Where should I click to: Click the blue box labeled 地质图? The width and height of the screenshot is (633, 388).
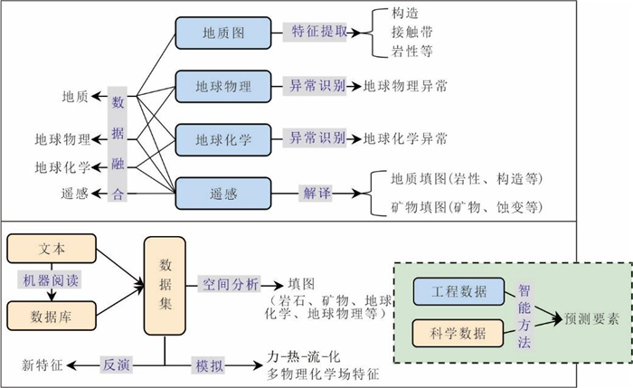[223, 33]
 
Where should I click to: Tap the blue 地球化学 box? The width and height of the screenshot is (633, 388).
[223, 139]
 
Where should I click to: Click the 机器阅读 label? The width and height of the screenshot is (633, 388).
[52, 280]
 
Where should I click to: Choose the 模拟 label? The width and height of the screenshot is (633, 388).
[207, 364]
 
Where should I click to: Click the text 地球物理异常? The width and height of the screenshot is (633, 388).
[405, 88]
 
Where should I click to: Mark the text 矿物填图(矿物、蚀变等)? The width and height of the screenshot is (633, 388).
[466, 207]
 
